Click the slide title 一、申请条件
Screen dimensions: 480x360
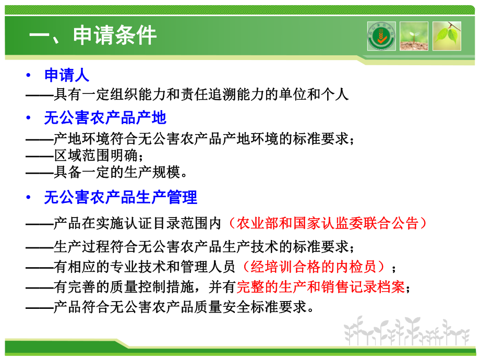pos(93,37)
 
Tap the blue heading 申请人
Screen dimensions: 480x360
pos(67,75)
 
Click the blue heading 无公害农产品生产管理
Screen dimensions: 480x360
pos(121,197)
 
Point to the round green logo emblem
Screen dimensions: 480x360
pos(381,36)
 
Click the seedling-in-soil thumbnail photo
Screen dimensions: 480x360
pos(414,36)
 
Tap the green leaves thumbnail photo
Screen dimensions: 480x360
pos(447,36)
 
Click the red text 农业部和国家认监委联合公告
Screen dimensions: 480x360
pos(328,223)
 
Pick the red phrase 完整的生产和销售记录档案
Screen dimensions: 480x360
pos(321,287)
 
